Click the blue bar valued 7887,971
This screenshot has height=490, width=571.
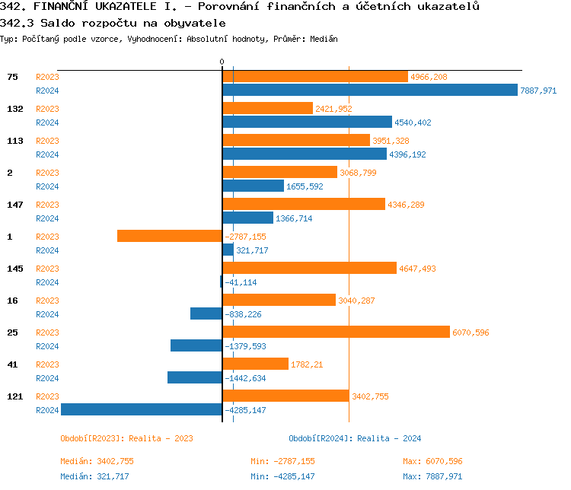[370, 90]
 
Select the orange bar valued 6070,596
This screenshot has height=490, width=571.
[336, 332]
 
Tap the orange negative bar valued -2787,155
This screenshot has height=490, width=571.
[169, 236]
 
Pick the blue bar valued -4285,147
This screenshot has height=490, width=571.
[142, 409]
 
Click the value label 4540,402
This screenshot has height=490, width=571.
[413, 123]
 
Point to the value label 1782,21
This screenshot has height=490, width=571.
[307, 364]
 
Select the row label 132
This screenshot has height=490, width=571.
[15, 109]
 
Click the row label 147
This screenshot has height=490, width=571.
[15, 205]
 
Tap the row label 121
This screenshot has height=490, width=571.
[15, 396]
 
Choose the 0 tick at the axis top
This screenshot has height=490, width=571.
[222, 62]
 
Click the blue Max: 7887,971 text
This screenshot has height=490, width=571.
[432, 476]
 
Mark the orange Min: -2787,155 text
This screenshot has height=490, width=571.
[282, 461]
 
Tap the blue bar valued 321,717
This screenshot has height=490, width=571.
[228, 250]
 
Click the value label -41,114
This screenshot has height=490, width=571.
[241, 282]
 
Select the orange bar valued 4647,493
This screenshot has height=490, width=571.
[309, 268]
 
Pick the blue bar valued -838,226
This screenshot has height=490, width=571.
[206, 313]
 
